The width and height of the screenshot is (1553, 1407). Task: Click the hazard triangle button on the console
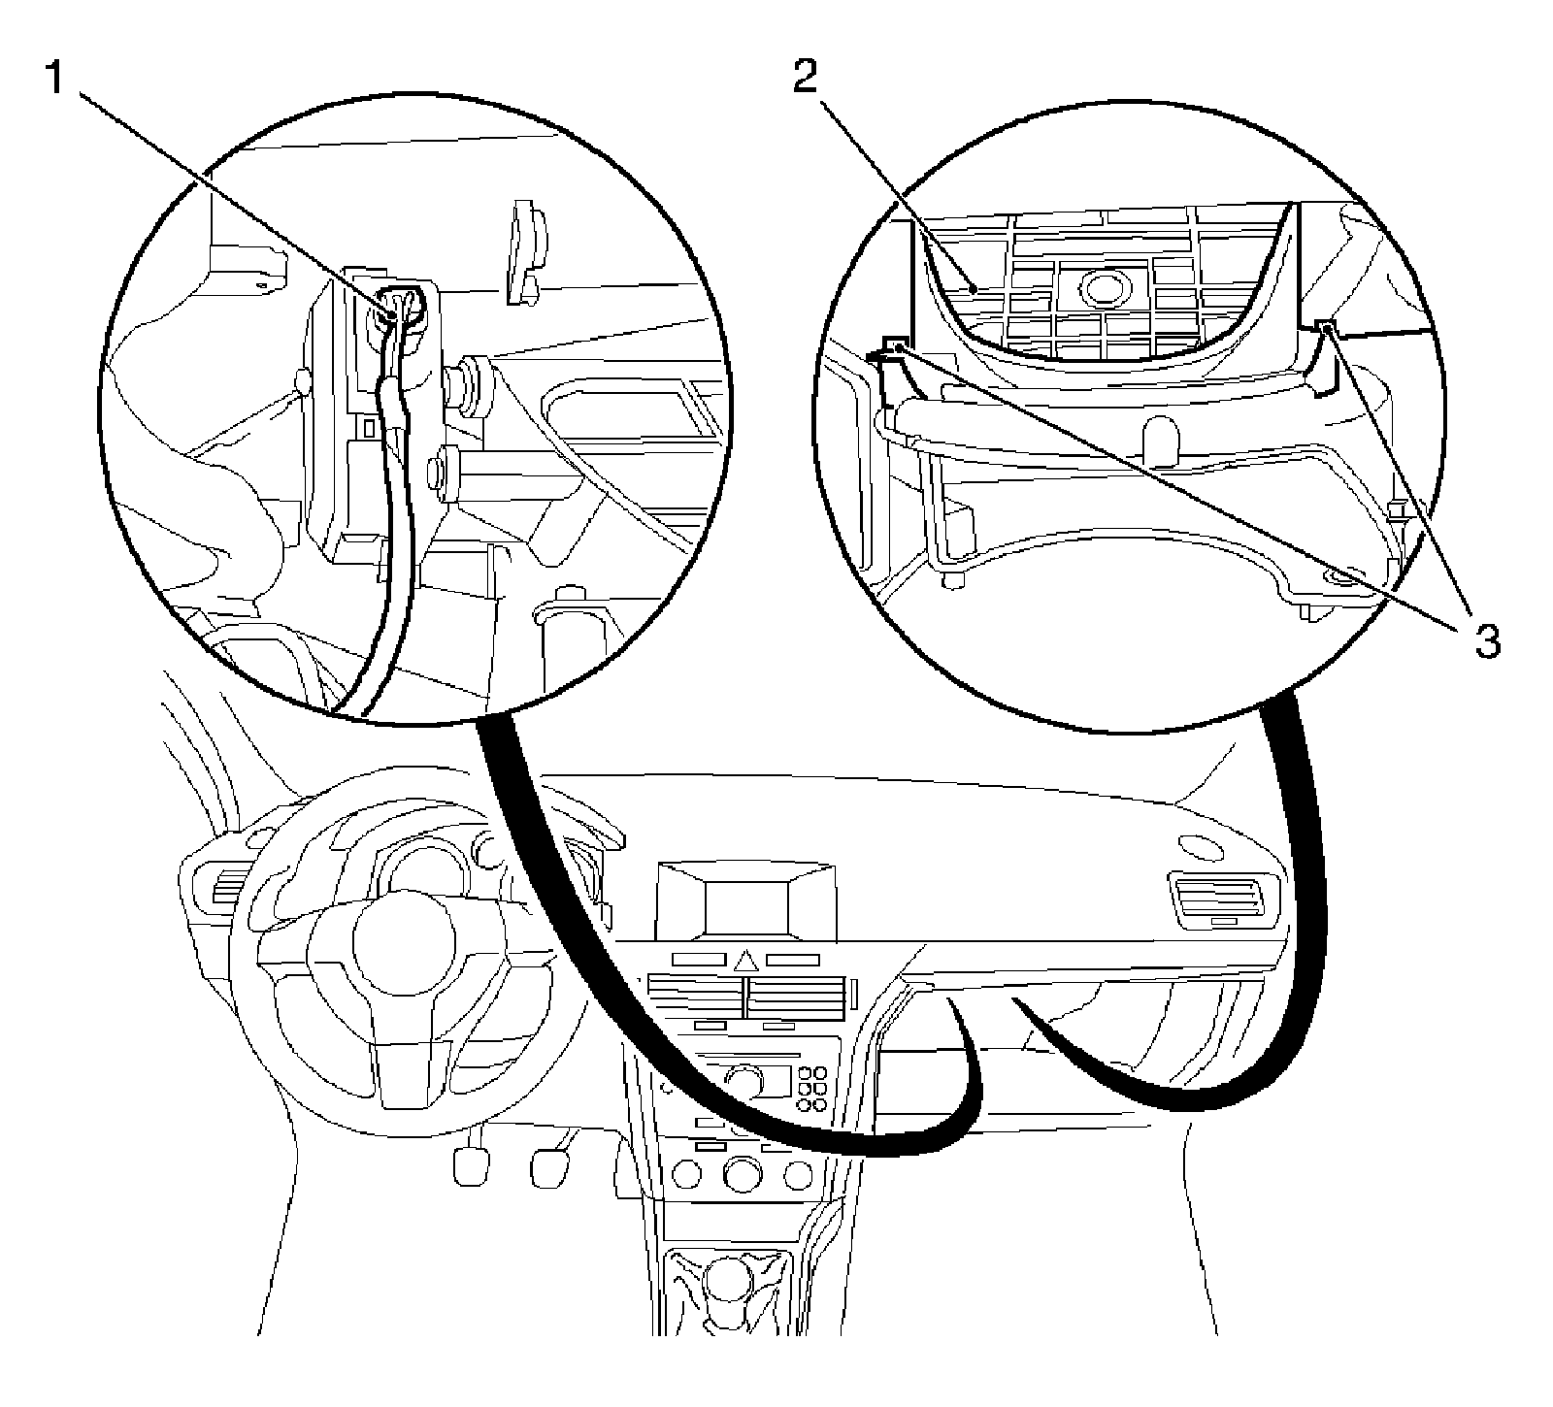(x=745, y=962)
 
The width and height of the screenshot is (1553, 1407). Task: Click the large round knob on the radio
(x=745, y=1080)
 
